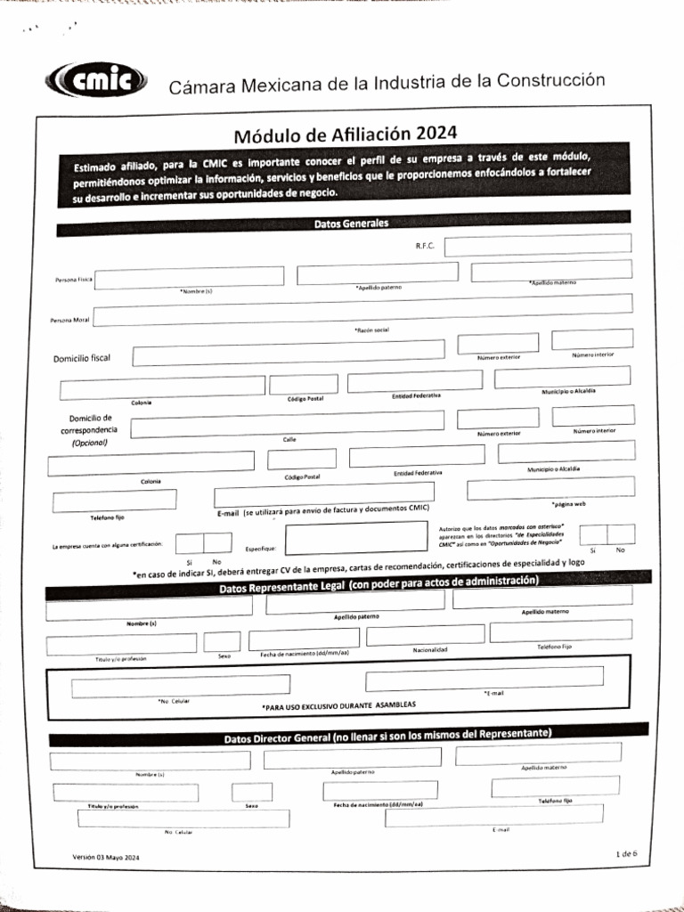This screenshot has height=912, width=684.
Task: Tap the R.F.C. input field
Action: (537, 244)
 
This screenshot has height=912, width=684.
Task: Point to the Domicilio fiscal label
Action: (82, 358)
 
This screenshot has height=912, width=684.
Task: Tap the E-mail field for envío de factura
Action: (324, 493)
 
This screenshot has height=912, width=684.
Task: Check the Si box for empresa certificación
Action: (190, 543)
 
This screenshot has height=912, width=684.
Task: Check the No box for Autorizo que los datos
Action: (621, 534)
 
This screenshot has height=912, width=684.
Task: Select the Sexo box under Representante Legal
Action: (222, 641)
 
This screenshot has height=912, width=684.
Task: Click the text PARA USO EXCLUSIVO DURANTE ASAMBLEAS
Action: (338, 704)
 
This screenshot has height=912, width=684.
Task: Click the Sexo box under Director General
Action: (252, 792)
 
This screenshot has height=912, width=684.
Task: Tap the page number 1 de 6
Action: (626, 853)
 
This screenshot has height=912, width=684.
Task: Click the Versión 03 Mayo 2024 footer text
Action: (106, 857)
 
